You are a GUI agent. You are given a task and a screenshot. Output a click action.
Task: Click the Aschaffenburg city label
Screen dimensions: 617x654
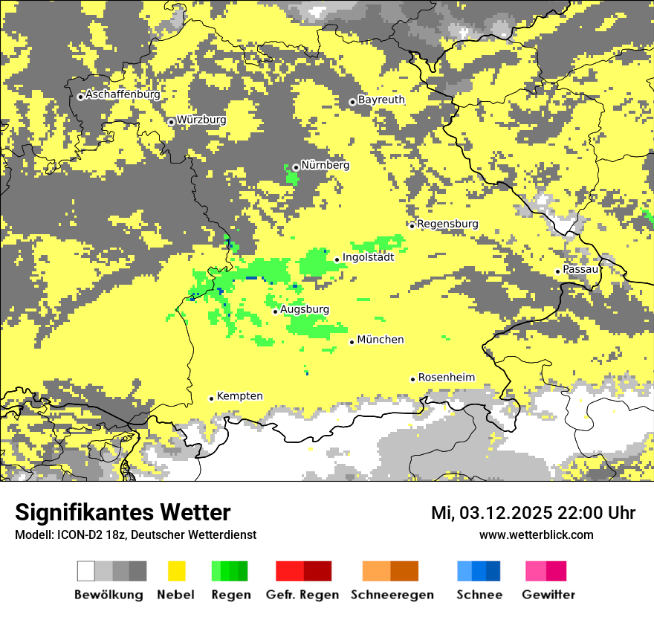(x=123, y=95)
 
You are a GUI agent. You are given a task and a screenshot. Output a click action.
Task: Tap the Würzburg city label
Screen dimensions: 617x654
(x=201, y=120)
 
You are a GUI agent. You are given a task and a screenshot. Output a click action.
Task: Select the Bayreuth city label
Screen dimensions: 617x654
(x=381, y=100)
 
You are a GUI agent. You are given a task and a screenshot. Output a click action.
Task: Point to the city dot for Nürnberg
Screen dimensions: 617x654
(x=296, y=167)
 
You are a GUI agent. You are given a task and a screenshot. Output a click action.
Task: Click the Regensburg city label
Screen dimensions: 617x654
(x=447, y=224)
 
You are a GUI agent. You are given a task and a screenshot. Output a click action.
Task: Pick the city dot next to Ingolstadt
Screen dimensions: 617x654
(x=337, y=259)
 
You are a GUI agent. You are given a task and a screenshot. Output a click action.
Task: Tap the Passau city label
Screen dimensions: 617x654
(x=580, y=269)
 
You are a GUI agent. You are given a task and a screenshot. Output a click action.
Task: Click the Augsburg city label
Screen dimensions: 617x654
(x=305, y=309)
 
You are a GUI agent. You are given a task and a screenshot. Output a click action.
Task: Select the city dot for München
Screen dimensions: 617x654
(x=352, y=342)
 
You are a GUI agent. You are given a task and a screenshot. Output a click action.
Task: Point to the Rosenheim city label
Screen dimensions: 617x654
(x=446, y=378)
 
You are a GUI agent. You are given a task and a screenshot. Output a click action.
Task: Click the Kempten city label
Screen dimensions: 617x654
(x=239, y=396)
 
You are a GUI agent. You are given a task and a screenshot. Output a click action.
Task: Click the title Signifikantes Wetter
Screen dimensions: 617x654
(x=123, y=512)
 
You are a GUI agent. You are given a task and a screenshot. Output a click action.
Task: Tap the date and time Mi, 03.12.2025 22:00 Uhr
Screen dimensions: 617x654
(x=533, y=513)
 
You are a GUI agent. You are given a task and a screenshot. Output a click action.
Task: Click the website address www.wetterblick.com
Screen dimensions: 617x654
(x=536, y=534)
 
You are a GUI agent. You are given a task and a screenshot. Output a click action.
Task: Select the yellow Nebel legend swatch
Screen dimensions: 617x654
(x=176, y=571)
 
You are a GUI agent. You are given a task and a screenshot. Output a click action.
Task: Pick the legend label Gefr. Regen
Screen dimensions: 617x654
(x=302, y=595)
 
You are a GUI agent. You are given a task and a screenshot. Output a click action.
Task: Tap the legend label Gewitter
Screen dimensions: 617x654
(x=548, y=595)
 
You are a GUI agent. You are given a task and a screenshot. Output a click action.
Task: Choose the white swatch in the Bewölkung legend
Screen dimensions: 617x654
(x=85, y=571)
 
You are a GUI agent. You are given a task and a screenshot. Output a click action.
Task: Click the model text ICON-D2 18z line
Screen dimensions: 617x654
(x=135, y=534)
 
